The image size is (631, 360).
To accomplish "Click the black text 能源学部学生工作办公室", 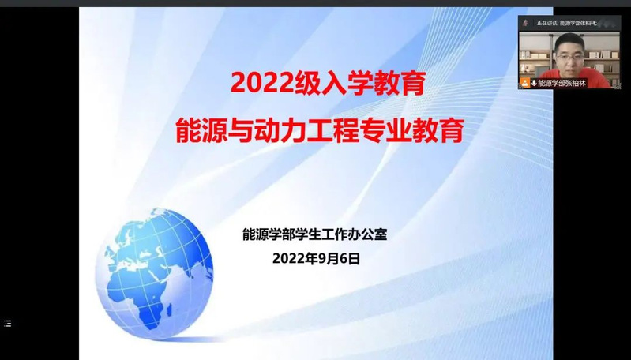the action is click(x=314, y=234).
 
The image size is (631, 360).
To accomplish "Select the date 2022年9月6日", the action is click(x=316, y=259).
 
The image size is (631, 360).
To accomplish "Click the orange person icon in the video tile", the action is click(x=524, y=83).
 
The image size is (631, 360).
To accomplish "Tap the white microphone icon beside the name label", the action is click(x=534, y=83).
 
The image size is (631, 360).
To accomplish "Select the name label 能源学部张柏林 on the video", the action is click(x=562, y=83).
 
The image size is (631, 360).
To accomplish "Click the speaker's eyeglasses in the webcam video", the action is click(x=569, y=57).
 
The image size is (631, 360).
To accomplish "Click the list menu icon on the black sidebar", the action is click(x=8, y=323).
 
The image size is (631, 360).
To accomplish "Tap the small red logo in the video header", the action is click(x=524, y=23).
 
